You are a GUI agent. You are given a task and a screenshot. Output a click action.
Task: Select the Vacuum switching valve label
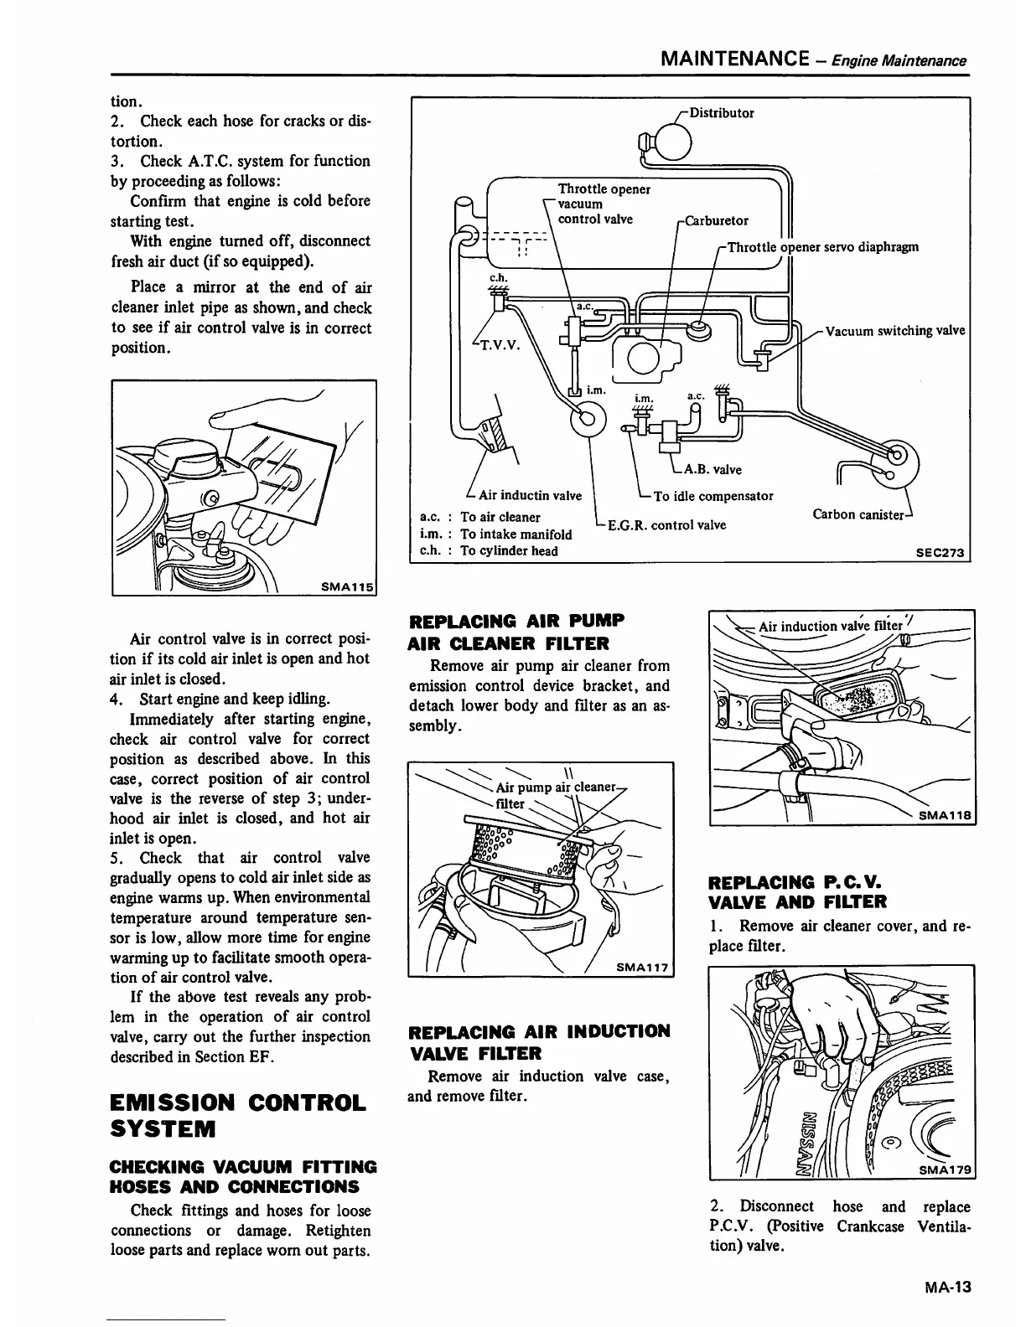pyautogui.click(x=894, y=330)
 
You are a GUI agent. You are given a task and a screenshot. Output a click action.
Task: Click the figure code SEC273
pyautogui.click(x=943, y=553)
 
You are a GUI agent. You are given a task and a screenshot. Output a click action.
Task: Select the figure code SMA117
pyautogui.click(x=641, y=968)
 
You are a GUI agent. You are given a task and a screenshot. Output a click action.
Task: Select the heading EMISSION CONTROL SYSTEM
pyautogui.click(x=238, y=1115)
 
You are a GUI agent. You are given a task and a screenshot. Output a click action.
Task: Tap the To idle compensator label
pyautogui.click(x=712, y=496)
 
